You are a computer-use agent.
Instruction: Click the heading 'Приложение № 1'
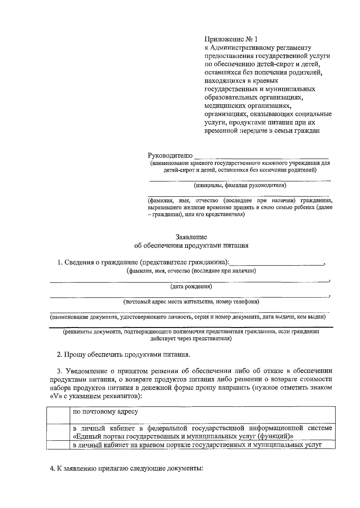coord(231,39)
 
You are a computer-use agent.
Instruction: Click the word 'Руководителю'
coord(170,155)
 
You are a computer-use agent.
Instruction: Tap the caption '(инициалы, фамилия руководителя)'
coord(240,185)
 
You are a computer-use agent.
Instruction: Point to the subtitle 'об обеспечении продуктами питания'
coord(191,246)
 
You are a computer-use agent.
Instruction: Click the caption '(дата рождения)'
coord(191,287)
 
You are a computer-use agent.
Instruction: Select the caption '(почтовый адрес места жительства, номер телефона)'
coord(191,302)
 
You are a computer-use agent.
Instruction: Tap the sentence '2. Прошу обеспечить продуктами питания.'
coord(124,354)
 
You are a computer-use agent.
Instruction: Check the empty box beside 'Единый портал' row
coord(58,431)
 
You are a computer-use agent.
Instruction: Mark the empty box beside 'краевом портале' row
coord(58,445)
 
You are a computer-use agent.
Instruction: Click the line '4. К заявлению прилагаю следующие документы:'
coord(127,468)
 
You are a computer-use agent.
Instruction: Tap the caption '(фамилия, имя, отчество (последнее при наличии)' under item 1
coord(191,271)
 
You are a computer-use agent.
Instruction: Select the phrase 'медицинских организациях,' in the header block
coord(248,106)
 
